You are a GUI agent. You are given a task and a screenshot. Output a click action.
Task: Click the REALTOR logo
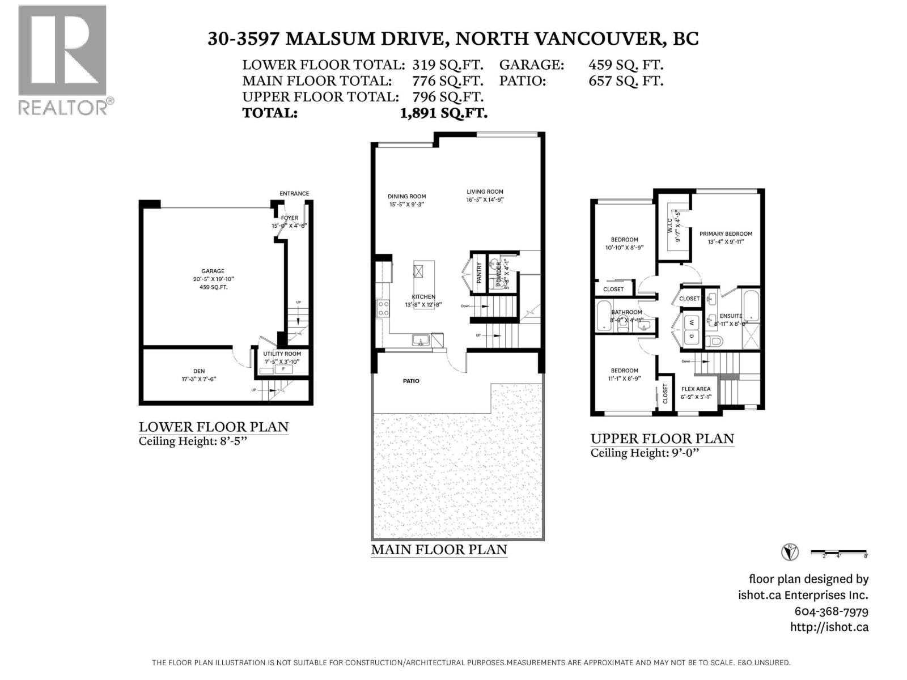pyautogui.click(x=62, y=59)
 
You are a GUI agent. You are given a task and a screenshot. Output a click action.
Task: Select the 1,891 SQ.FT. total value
pyautogui.click(x=443, y=113)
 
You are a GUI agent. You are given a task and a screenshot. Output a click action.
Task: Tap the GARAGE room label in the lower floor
pyautogui.click(x=213, y=271)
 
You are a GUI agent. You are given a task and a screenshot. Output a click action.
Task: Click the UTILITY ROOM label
pyautogui.click(x=282, y=354)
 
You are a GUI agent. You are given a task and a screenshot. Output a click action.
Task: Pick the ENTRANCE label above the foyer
pyautogui.click(x=294, y=194)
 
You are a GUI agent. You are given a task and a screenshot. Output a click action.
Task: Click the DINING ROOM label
pyautogui.click(x=406, y=197)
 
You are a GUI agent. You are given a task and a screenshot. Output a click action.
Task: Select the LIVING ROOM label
pyautogui.click(x=485, y=192)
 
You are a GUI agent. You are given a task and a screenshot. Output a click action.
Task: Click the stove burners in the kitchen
pyautogui.click(x=383, y=308)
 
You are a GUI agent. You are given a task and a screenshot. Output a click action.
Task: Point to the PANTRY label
pyautogui.click(x=479, y=273)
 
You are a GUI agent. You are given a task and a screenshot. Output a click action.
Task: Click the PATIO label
pyautogui.click(x=411, y=381)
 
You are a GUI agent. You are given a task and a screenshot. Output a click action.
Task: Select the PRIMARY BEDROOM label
pyautogui.click(x=726, y=233)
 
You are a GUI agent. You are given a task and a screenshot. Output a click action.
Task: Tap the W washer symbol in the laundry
pyautogui.click(x=691, y=323)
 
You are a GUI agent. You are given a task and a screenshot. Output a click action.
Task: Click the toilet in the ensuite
pyautogui.click(x=715, y=341)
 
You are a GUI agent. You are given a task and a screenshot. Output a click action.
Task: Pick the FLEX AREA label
pyautogui.click(x=696, y=389)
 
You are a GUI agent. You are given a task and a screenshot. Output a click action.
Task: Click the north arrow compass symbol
pyautogui.click(x=790, y=551)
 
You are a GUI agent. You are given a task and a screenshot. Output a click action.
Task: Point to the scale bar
pyautogui.click(x=838, y=552)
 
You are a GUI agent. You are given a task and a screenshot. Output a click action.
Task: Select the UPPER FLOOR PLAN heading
pyautogui.click(x=662, y=438)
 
